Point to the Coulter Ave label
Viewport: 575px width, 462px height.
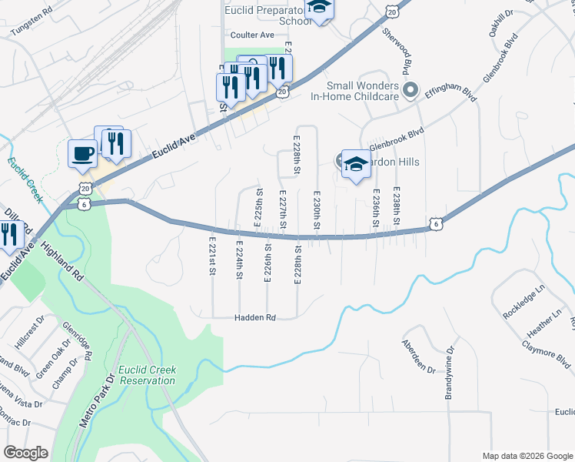253,35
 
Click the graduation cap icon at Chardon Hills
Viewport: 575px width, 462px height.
355,162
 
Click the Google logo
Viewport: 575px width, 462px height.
26,453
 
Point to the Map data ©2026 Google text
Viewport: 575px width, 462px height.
527,455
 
